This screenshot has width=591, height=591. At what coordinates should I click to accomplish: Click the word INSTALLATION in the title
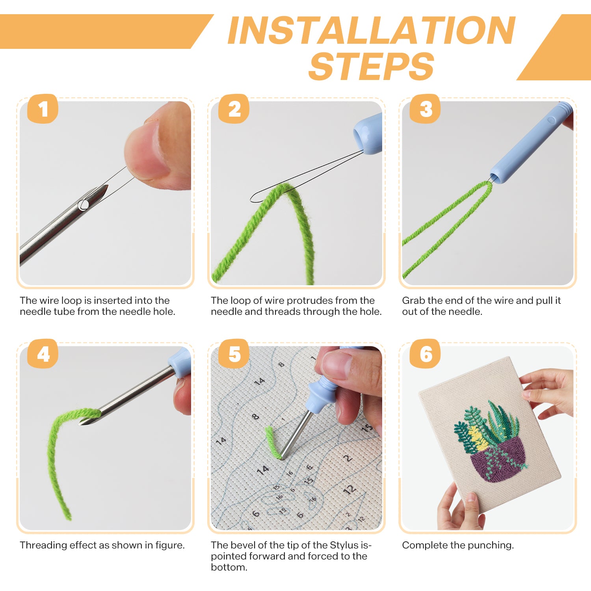371,31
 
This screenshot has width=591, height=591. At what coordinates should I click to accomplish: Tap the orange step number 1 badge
43,109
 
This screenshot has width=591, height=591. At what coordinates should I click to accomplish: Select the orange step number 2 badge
234,109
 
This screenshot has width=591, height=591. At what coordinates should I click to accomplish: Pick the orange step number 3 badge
425,109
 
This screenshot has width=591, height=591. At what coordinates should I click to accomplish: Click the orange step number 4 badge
43,354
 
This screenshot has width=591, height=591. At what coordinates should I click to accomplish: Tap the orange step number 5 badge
234,354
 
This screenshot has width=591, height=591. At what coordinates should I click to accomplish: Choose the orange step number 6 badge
425,354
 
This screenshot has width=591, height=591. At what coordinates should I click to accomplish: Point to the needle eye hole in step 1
84,204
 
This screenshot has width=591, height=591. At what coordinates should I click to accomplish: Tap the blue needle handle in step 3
528,146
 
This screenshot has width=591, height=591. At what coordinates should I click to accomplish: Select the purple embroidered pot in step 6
498,461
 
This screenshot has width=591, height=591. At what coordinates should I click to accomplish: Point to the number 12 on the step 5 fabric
349,490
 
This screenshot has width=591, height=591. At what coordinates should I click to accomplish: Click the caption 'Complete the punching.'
458,545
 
